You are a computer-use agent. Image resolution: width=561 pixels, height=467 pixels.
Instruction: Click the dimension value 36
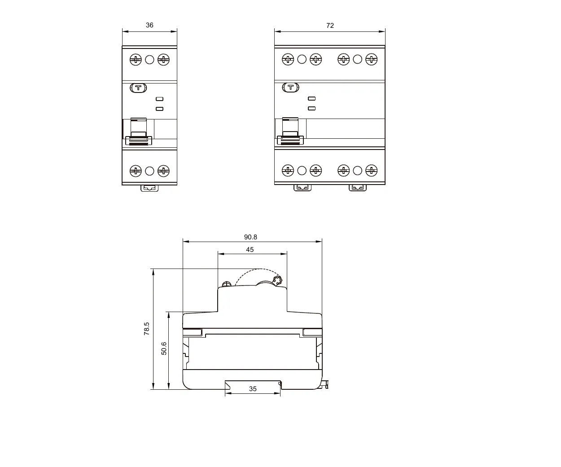tap(149, 25)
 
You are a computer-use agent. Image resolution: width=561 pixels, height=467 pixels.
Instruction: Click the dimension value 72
tap(330, 26)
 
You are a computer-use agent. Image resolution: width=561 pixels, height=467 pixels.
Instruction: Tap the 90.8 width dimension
tap(250, 237)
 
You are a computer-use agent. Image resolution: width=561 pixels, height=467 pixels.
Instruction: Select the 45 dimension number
tap(250, 250)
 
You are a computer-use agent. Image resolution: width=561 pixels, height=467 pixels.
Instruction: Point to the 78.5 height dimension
tap(146, 329)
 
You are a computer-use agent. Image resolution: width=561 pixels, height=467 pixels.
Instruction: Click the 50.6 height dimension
tap(164, 348)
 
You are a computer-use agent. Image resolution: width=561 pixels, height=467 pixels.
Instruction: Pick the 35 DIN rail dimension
tap(253, 389)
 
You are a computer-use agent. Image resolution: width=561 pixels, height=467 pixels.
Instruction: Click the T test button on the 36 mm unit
tap(138, 88)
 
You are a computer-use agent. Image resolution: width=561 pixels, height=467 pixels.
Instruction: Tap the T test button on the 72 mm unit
tap(290, 88)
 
